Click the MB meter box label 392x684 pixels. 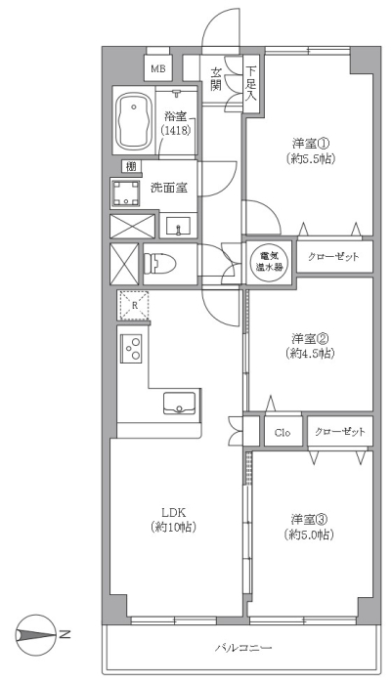pos(158,68)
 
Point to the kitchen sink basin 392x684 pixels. pos(180,403)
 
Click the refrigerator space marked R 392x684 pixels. pos(134,305)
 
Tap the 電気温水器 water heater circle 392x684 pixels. pos(269,262)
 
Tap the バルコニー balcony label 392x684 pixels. pos(243,647)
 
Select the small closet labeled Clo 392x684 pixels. pos(283,432)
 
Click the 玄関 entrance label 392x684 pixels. pos(215,79)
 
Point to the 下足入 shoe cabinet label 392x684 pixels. pos(250,84)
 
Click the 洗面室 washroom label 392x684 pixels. pos(169,188)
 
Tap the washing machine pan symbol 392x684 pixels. pos(126,192)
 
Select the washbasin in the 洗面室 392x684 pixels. pos(178,226)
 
